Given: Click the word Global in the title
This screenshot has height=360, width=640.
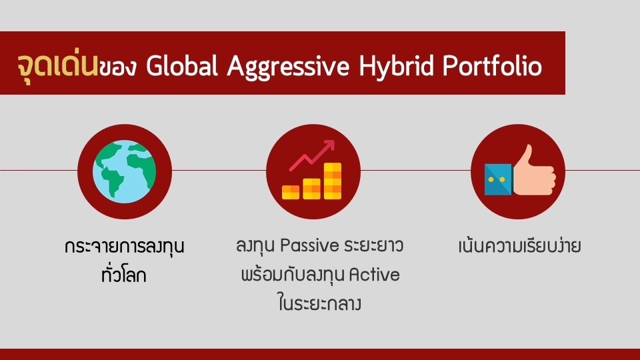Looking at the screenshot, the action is pyautogui.click(x=181, y=66).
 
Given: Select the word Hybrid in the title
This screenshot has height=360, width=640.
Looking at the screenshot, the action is pyautogui.click(x=396, y=67).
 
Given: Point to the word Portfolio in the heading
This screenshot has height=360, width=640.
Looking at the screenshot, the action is pyautogui.click(x=492, y=66).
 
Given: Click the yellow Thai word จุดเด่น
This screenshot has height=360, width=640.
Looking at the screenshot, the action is pyautogui.click(x=57, y=65).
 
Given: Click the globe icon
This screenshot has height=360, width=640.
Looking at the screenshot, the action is pyautogui.click(x=125, y=171).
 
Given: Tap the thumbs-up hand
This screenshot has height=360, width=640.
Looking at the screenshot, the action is pyautogui.click(x=534, y=170).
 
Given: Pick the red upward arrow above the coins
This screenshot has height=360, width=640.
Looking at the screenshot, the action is pyautogui.click(x=312, y=155).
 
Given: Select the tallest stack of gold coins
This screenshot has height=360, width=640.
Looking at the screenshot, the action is pyautogui.click(x=333, y=181).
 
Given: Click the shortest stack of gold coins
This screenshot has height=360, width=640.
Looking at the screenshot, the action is pyautogui.click(x=291, y=192).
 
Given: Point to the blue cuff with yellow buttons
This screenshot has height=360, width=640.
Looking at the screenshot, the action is pyautogui.click(x=499, y=179).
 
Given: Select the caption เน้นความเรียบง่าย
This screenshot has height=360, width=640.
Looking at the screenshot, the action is pyautogui.click(x=519, y=246).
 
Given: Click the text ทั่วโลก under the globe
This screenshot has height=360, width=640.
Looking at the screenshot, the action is pyautogui.click(x=124, y=274).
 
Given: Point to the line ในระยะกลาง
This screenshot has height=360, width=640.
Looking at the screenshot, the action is pyautogui.click(x=319, y=303).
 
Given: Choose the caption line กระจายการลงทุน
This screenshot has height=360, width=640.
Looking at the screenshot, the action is pyautogui.click(x=125, y=247).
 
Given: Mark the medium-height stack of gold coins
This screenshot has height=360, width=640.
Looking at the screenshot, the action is pyautogui.click(x=311, y=189).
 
